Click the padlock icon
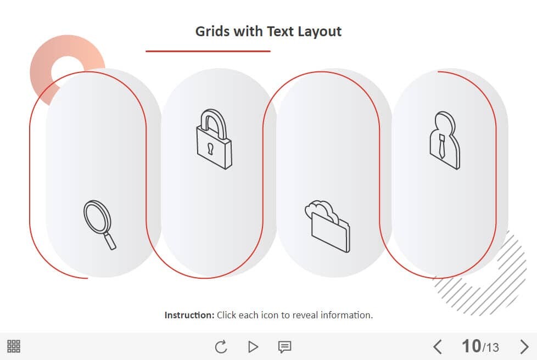click(214, 139)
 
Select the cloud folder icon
click(328, 227)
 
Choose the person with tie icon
click(445, 140)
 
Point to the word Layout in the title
click(319, 31)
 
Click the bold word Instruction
click(189, 315)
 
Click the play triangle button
click(253, 347)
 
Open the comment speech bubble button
click(284, 347)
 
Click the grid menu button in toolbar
click(14, 346)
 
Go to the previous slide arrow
click(437, 347)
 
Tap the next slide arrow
click(524, 347)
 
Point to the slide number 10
click(471, 346)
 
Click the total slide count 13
click(492, 348)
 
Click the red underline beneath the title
click(208, 52)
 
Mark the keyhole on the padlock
click(210, 149)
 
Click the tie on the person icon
click(442, 146)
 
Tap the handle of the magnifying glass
click(110, 241)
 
